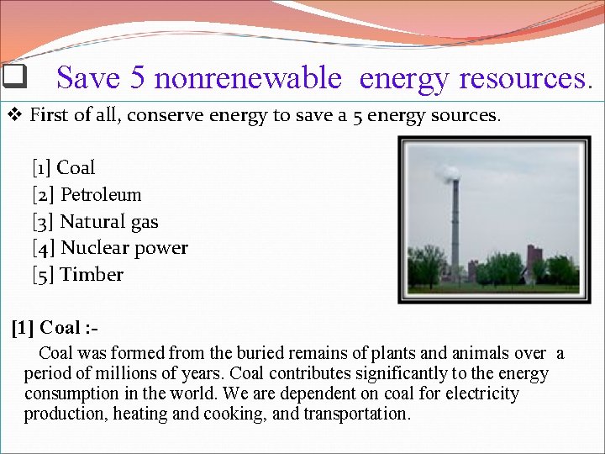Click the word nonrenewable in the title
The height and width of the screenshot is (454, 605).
248,78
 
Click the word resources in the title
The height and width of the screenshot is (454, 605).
525,78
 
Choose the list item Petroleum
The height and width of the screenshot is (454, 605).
87,194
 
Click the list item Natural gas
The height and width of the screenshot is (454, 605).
96,221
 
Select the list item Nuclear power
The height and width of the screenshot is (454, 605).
110,248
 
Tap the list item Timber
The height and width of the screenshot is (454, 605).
78,275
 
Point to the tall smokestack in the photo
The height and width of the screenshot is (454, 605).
455,227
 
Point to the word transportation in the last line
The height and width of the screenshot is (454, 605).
356,414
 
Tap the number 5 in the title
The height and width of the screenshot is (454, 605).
138,78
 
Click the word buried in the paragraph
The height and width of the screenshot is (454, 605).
252,353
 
